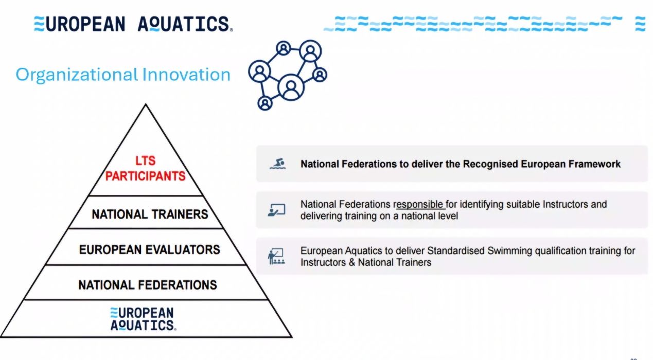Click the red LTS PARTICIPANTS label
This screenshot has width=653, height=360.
(145, 168)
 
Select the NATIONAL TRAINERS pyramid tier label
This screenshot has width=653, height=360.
(150, 214)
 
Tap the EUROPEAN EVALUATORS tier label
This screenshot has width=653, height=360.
(150, 249)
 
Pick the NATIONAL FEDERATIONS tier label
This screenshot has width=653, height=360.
(148, 285)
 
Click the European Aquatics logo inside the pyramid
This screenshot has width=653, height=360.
(143, 319)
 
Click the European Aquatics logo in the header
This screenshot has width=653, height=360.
(133, 24)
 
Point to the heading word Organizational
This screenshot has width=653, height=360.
(77, 75)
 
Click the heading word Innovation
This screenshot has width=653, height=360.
(186, 75)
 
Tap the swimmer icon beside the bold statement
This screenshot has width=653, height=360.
(277, 164)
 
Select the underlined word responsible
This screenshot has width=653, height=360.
(419, 205)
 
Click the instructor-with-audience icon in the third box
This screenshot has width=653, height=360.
(276, 256)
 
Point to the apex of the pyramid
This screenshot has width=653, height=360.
(146, 104)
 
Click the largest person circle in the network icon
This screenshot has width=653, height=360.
(291, 87)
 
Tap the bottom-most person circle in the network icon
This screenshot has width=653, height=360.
(265, 103)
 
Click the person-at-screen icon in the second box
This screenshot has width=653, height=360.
(276, 210)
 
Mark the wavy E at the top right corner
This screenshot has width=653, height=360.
(640, 24)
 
